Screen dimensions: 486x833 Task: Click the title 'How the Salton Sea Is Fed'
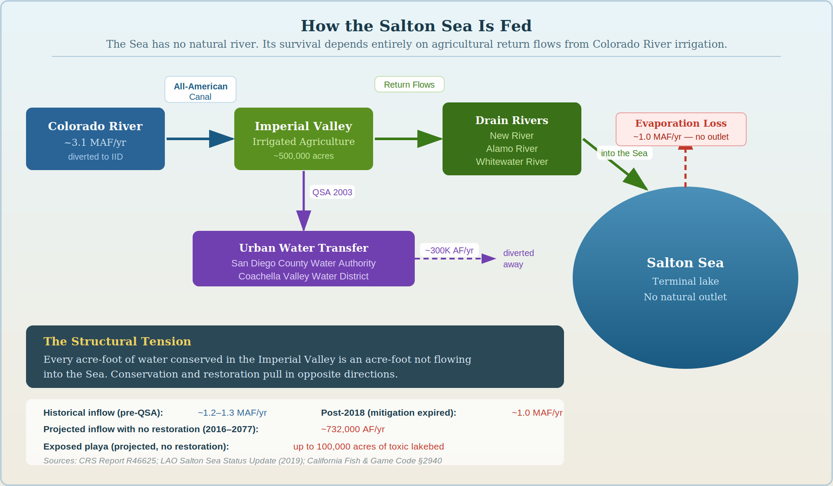coord(416,26)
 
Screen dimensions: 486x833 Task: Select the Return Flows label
coord(409,85)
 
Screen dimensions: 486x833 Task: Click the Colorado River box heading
coord(95,126)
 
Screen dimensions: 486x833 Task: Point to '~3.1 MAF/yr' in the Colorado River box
coord(95,142)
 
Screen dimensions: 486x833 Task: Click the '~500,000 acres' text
coord(303,156)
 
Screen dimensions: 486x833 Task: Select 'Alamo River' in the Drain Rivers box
coord(512,149)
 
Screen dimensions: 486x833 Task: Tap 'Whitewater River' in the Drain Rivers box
coord(512,162)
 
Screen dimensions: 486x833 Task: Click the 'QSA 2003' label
coord(332,192)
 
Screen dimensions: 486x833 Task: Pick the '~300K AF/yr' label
coord(449,250)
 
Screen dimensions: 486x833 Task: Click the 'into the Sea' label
coord(624,153)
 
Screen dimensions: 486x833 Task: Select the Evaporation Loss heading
coord(680,124)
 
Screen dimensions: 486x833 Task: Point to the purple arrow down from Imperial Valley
coord(303,200)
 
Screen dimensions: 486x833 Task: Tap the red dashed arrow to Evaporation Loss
coord(685,167)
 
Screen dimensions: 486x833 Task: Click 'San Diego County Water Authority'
coord(303,263)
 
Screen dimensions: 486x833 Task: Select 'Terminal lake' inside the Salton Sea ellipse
coord(685,282)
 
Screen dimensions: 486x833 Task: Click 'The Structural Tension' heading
coord(117,342)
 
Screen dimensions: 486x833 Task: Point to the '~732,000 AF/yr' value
coord(352,429)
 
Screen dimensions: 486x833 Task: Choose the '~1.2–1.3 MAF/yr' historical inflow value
coord(232,413)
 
